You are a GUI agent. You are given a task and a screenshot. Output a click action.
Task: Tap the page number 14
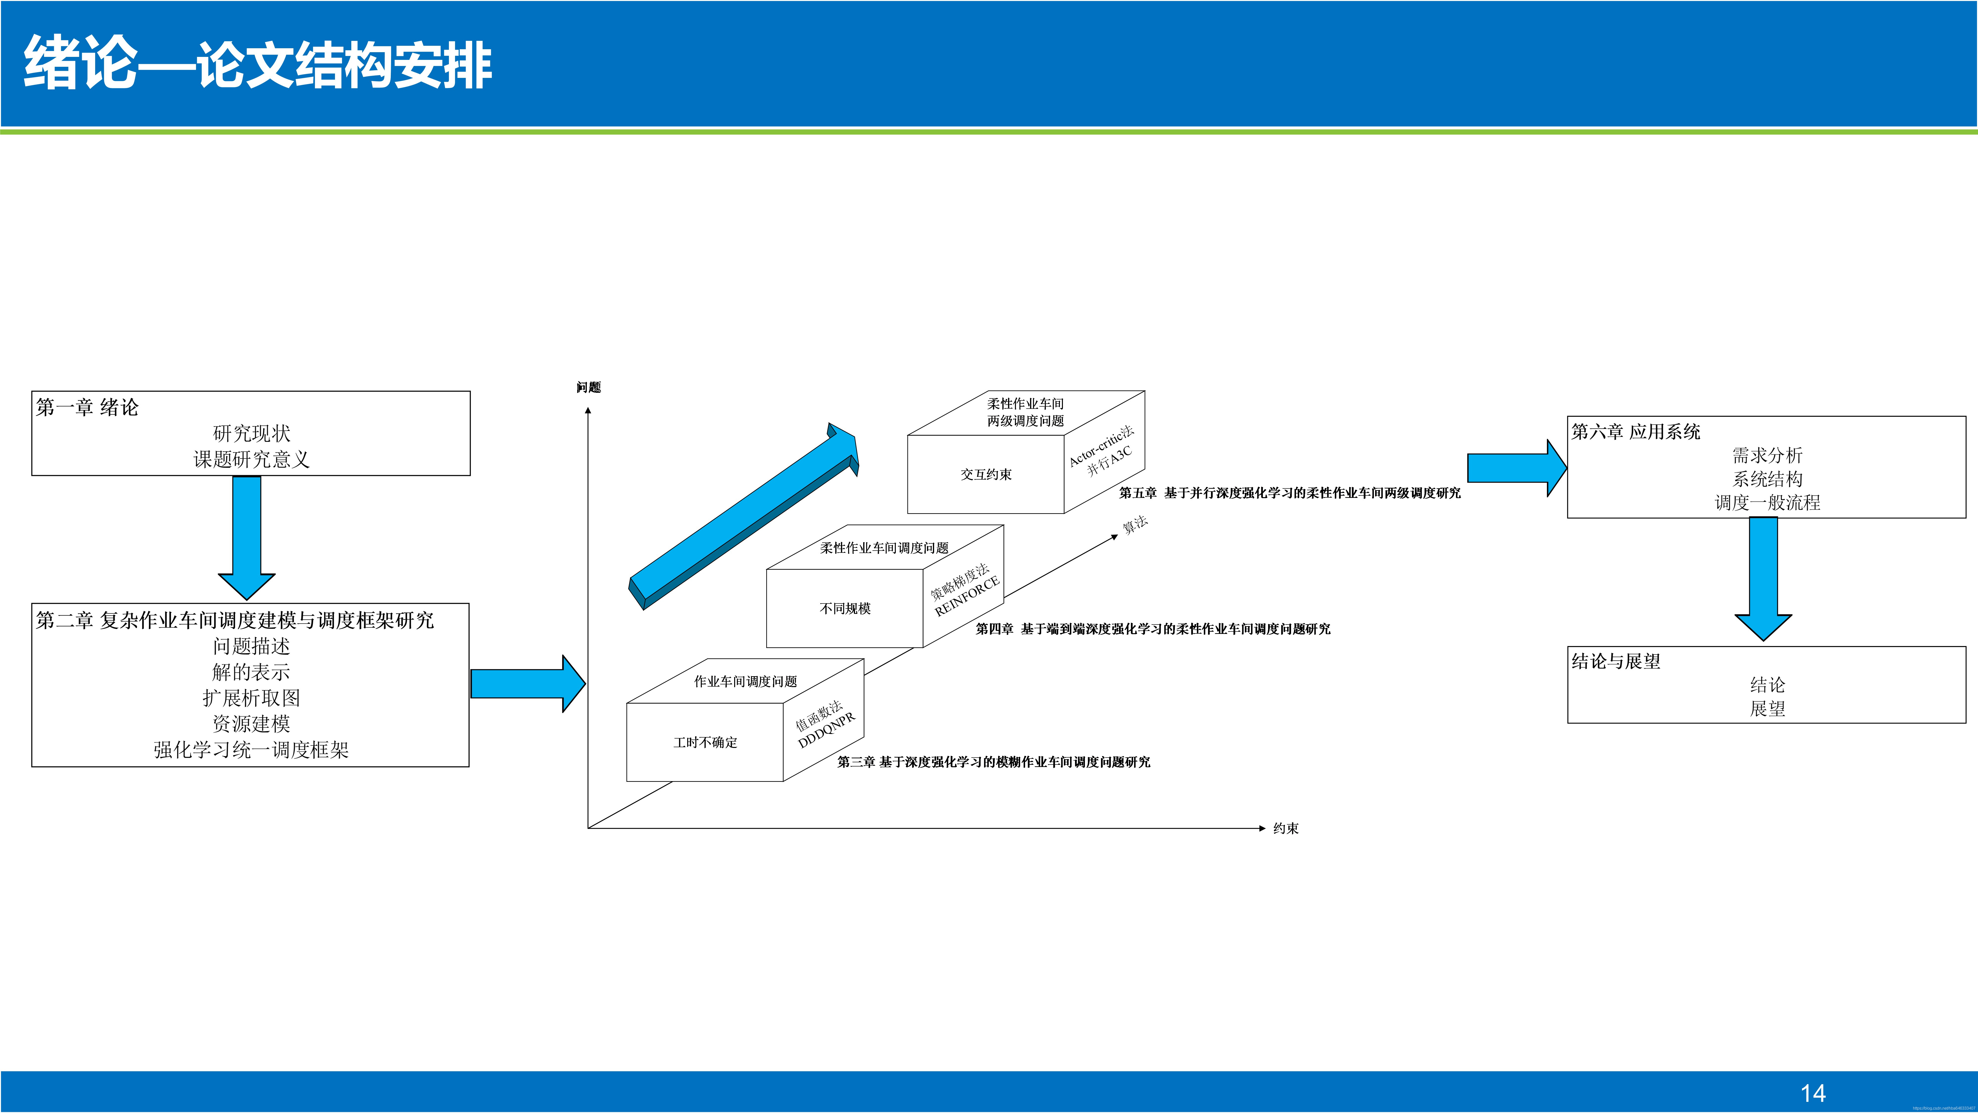(1813, 1093)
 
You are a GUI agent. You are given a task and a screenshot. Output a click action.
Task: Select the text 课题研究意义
(251, 459)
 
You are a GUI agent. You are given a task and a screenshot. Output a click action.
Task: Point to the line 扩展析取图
(251, 697)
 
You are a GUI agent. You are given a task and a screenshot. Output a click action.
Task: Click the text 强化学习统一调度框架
(251, 750)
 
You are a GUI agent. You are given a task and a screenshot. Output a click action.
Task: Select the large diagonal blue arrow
(743, 516)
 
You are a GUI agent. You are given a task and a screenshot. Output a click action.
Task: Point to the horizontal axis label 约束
(1285, 828)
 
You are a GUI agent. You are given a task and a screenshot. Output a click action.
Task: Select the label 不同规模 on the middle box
(845, 608)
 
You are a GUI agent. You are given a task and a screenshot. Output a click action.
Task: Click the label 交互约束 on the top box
(986, 475)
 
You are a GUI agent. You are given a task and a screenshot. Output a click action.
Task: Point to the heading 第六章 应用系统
(1636, 432)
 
